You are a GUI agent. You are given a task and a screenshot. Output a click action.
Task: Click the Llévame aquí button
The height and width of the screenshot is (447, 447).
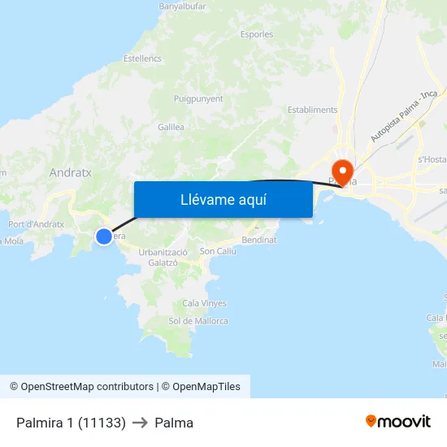pyautogui.click(x=223, y=199)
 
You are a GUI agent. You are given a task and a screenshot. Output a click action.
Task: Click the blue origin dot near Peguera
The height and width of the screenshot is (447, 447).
pyautogui.click(x=104, y=237)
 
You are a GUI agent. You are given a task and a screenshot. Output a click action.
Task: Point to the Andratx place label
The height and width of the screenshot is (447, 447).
pyautogui.click(x=71, y=173)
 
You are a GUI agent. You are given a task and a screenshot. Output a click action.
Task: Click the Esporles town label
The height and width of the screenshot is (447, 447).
pyautogui.click(x=257, y=34)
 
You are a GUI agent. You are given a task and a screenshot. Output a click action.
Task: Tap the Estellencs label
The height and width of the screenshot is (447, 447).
pyautogui.click(x=143, y=59)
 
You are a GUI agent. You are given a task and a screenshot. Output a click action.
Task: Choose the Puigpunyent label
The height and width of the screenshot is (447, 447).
pyautogui.click(x=198, y=98)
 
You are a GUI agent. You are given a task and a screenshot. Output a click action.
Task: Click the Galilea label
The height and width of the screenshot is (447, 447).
pyautogui.click(x=171, y=128)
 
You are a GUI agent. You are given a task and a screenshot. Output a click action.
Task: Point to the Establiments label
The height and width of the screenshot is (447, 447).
pyautogui.click(x=312, y=110)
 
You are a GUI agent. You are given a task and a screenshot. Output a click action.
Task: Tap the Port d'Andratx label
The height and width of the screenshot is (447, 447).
pyautogui.click(x=36, y=224)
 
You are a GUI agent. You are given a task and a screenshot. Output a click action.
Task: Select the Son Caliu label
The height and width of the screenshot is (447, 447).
pyautogui.click(x=218, y=252)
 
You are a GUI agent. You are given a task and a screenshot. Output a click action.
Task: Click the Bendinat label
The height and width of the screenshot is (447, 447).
pyautogui.click(x=259, y=241)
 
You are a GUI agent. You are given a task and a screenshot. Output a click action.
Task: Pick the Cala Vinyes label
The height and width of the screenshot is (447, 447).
pyautogui.click(x=205, y=303)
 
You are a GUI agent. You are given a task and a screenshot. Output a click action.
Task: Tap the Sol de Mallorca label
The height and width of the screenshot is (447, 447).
pyautogui.click(x=198, y=321)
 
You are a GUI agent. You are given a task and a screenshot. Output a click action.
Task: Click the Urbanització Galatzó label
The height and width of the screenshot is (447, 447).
pyautogui.click(x=163, y=257)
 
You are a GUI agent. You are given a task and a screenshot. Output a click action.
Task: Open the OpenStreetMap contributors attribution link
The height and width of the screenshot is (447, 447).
pyautogui.click(x=87, y=387)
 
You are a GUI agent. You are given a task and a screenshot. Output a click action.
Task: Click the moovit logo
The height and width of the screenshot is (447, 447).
pyautogui.click(x=397, y=422)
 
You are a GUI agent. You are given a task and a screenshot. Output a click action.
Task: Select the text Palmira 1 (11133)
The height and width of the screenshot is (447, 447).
pyautogui.click(x=71, y=423)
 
